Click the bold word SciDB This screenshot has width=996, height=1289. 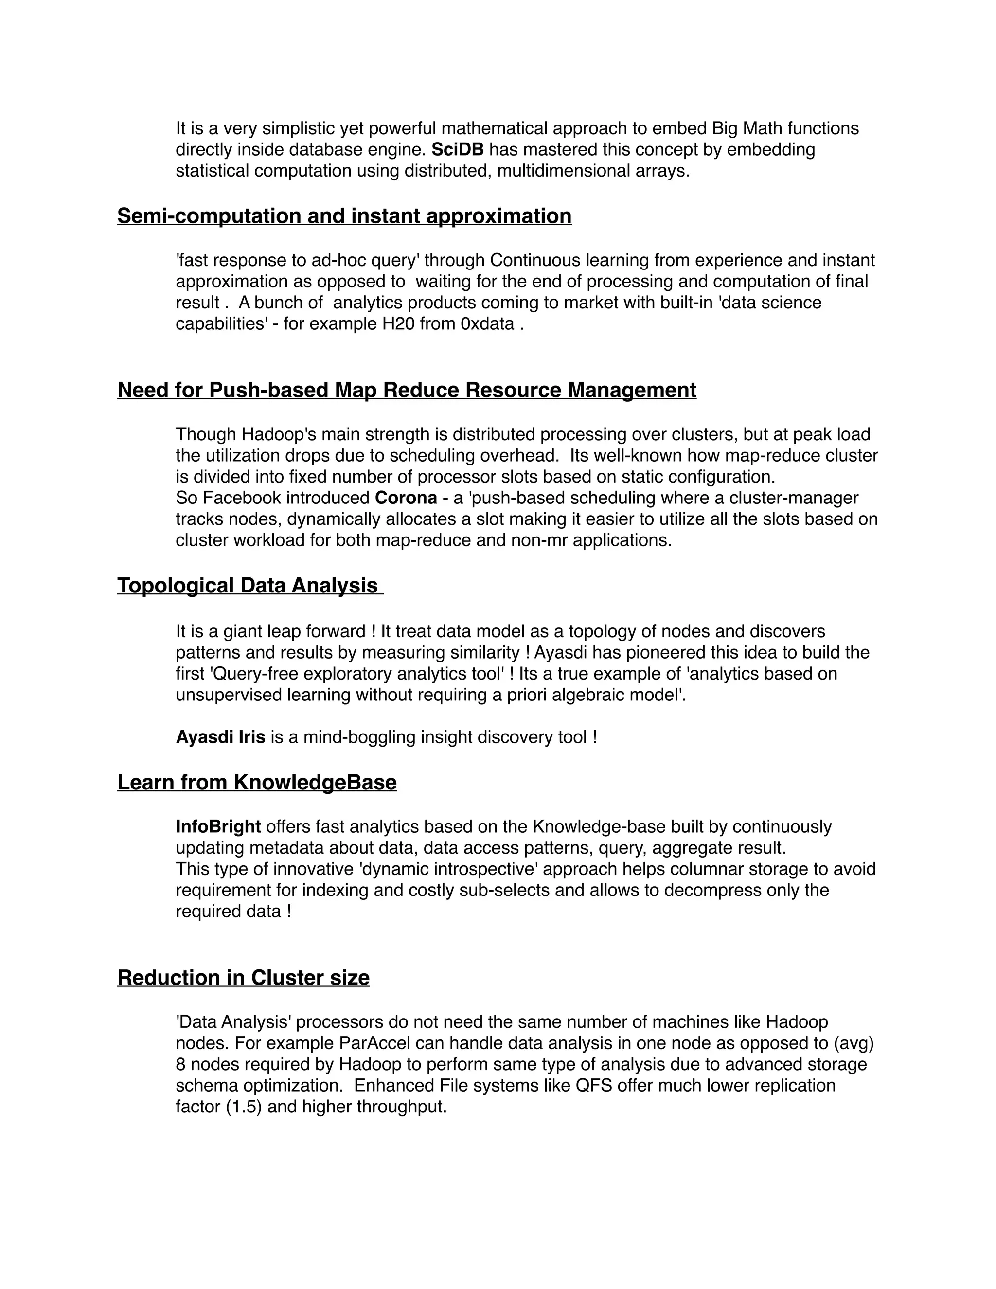(x=457, y=150)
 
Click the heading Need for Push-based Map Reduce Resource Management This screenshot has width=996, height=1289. (x=407, y=391)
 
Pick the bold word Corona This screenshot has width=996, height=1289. (x=406, y=498)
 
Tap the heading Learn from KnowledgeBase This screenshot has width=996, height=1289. (x=257, y=783)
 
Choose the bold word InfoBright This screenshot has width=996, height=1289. (x=218, y=827)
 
